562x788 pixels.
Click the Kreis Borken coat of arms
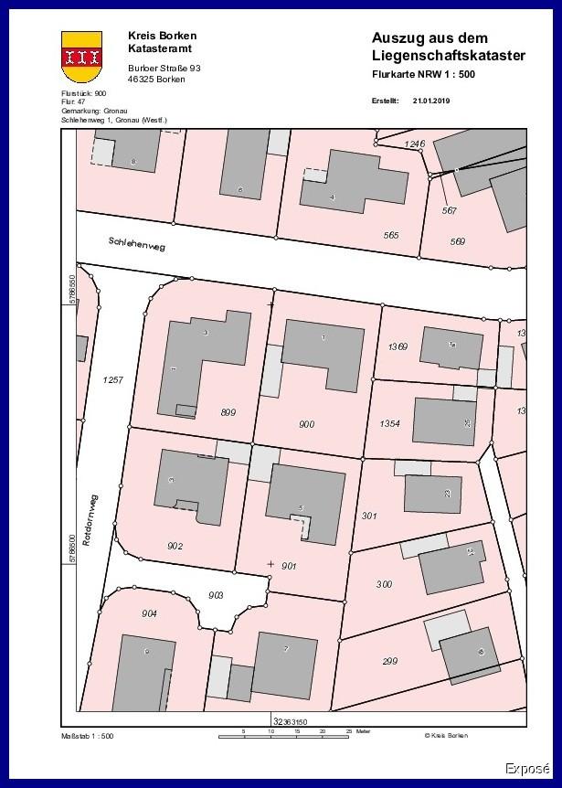click(81, 57)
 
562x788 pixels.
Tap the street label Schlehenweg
click(136, 242)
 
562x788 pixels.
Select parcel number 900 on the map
click(307, 424)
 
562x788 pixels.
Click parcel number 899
click(228, 412)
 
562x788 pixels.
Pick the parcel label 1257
click(113, 378)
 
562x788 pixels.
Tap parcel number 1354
click(389, 423)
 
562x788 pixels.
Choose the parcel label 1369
click(397, 346)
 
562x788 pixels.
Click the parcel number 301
click(369, 516)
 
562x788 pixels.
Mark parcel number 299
click(389, 661)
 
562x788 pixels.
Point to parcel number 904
click(149, 613)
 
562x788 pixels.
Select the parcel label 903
click(216, 595)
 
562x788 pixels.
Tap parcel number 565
click(391, 235)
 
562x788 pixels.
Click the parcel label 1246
click(416, 144)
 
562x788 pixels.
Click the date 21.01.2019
click(431, 101)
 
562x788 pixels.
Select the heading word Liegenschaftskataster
click(449, 56)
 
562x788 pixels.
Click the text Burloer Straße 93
click(164, 69)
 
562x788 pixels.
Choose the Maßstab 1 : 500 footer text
click(87, 735)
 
